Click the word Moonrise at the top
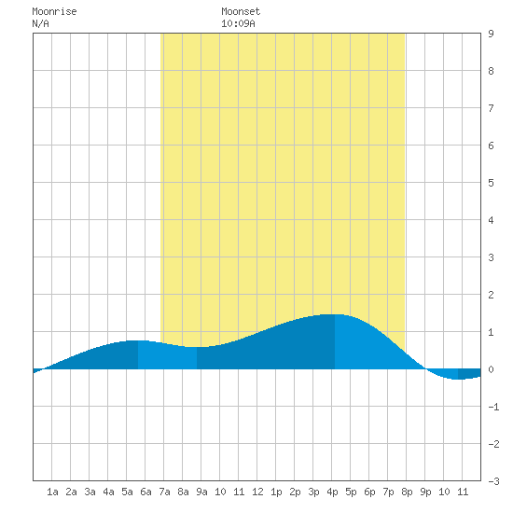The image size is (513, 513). (54, 11)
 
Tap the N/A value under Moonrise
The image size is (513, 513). (40, 23)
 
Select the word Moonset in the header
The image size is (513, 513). (241, 11)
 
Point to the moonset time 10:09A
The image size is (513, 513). (238, 23)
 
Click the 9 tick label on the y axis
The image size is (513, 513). (491, 34)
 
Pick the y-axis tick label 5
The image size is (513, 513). (491, 183)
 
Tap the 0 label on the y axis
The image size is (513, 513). (491, 369)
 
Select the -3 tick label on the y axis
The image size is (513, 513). (493, 481)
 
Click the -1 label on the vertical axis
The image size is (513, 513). (493, 407)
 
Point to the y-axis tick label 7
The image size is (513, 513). (491, 108)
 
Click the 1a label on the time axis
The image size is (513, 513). (52, 492)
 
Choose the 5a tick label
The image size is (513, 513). (127, 492)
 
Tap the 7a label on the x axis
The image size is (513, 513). (164, 492)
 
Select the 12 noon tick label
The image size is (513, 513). (257, 492)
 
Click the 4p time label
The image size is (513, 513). (332, 492)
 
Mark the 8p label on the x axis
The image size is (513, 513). (407, 492)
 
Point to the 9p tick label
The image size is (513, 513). (425, 492)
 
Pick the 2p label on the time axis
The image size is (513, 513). (295, 492)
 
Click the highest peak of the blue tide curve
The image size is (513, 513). (334, 314)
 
